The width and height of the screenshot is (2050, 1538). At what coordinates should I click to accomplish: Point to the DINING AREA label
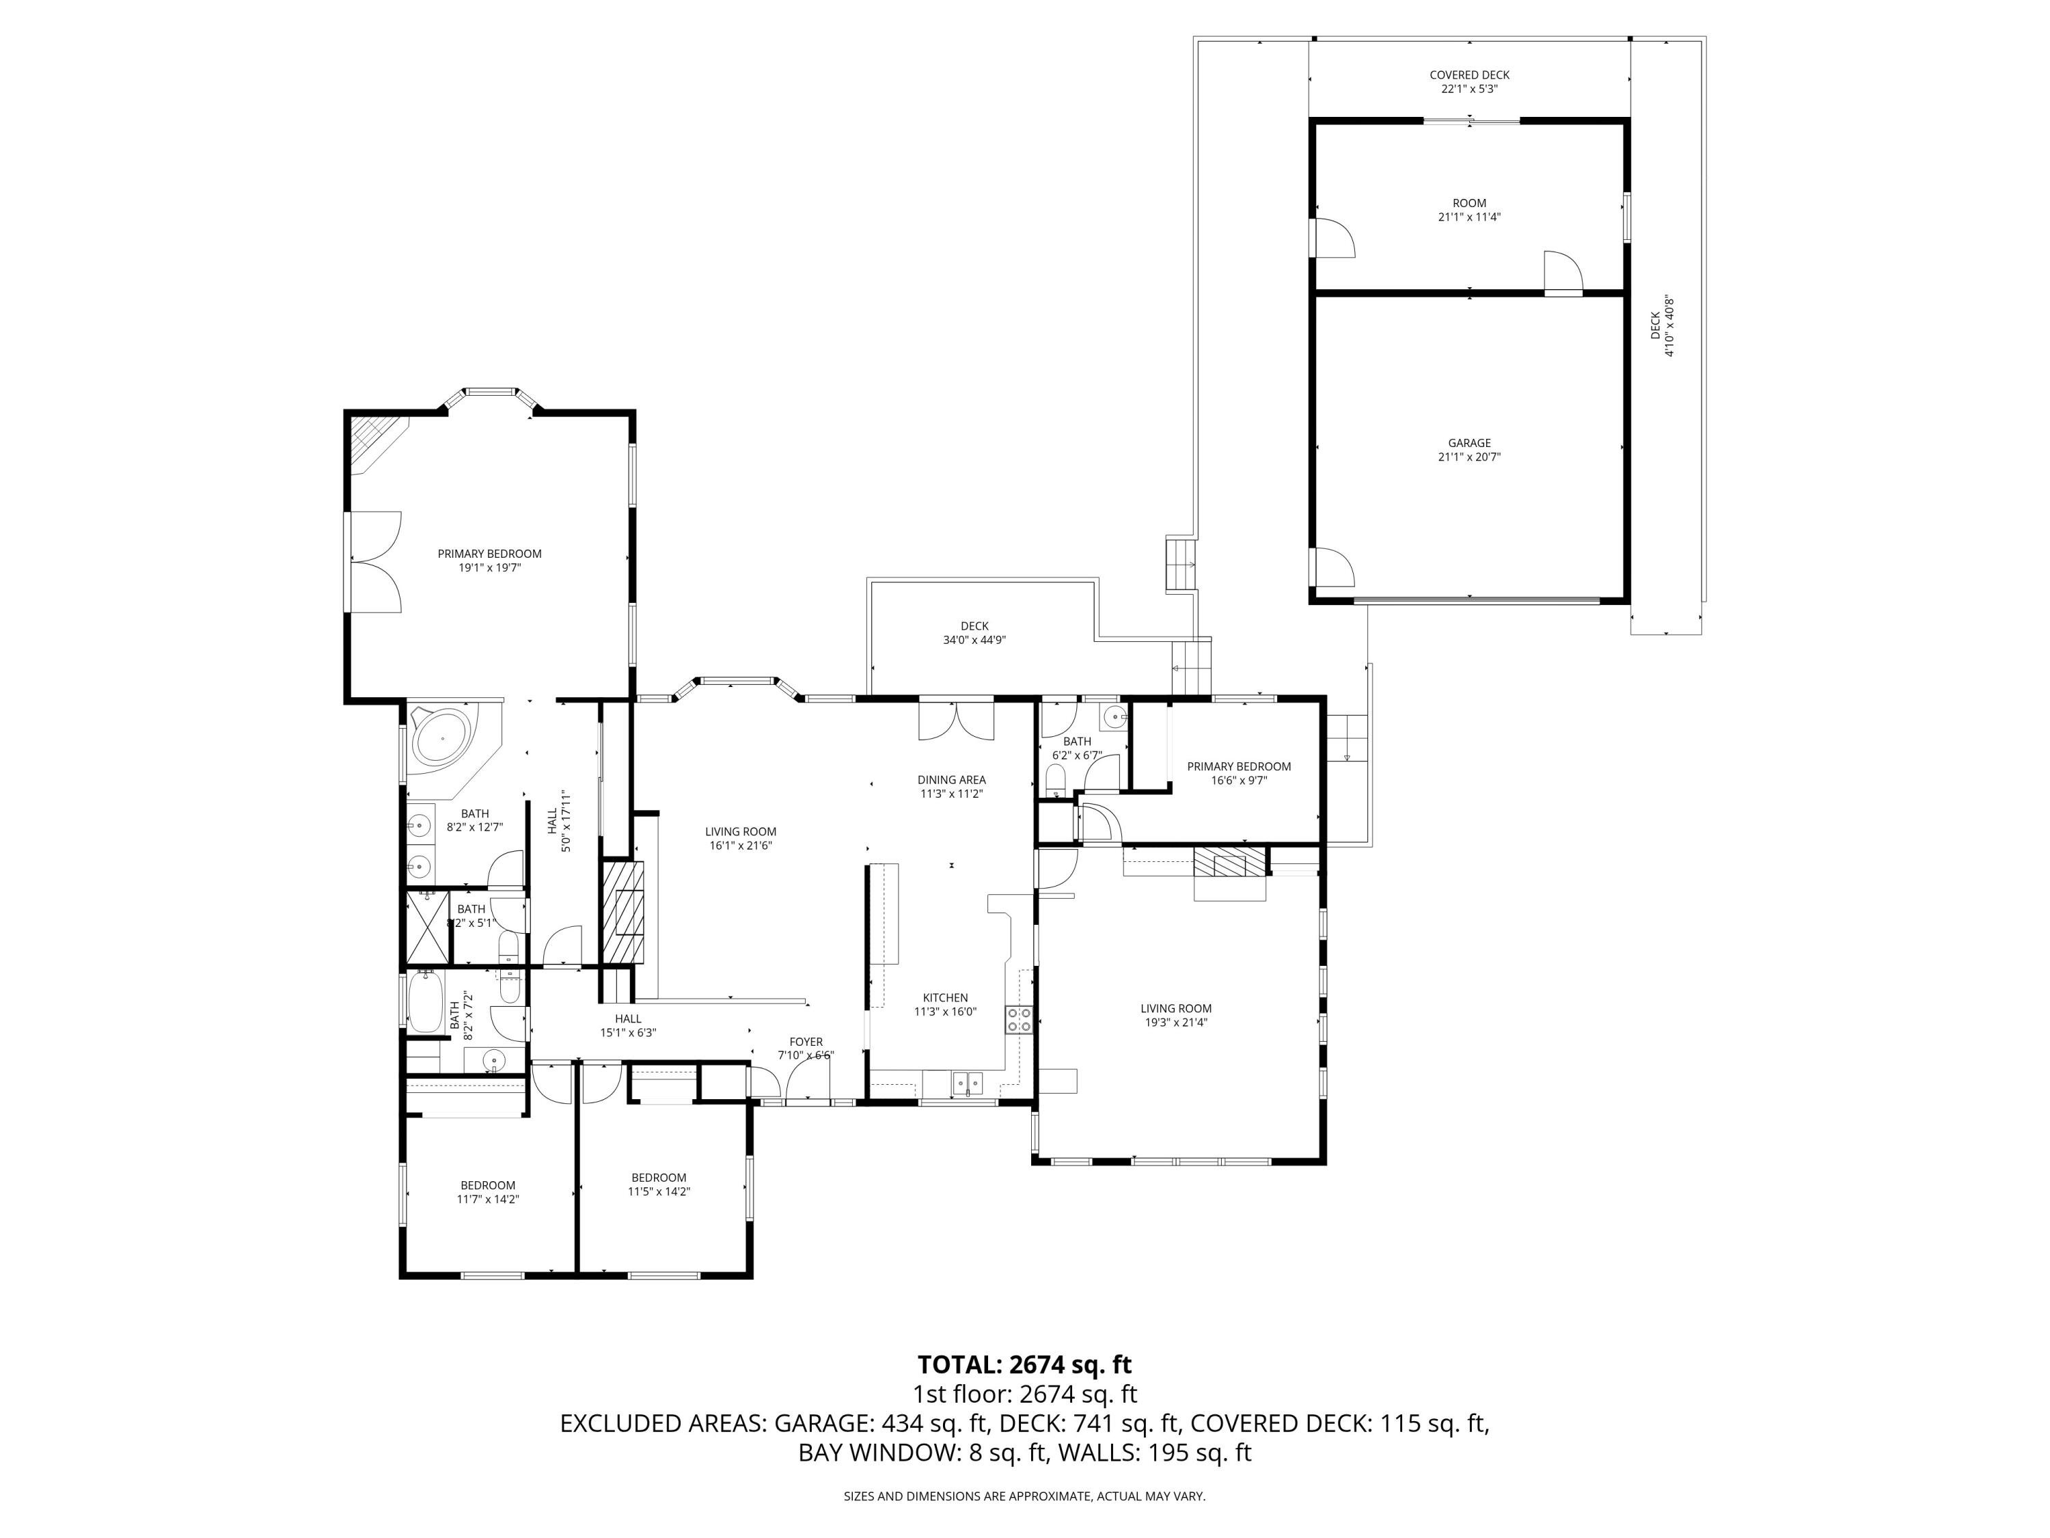coord(951,786)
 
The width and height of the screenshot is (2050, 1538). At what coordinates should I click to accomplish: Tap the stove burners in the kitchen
coord(1019,1020)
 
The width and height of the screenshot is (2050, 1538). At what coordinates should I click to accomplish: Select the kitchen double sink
coord(968,1081)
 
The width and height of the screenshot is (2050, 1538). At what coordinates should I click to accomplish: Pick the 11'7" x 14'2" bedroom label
coord(487,1191)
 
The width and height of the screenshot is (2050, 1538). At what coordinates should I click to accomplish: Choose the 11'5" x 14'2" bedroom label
coord(658,1185)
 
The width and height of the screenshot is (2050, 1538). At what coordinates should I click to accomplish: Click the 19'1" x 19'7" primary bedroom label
coord(489,560)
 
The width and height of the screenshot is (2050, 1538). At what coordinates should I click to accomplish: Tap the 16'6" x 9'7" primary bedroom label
coord(1238,773)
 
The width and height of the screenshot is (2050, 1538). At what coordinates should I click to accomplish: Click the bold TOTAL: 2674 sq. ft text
coord(1024,1364)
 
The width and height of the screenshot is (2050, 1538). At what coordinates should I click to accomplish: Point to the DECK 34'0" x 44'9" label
coord(974,632)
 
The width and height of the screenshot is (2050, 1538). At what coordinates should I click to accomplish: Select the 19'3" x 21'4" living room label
coord(1175,1015)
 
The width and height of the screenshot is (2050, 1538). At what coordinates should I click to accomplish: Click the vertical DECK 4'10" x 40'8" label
coord(1663,325)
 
